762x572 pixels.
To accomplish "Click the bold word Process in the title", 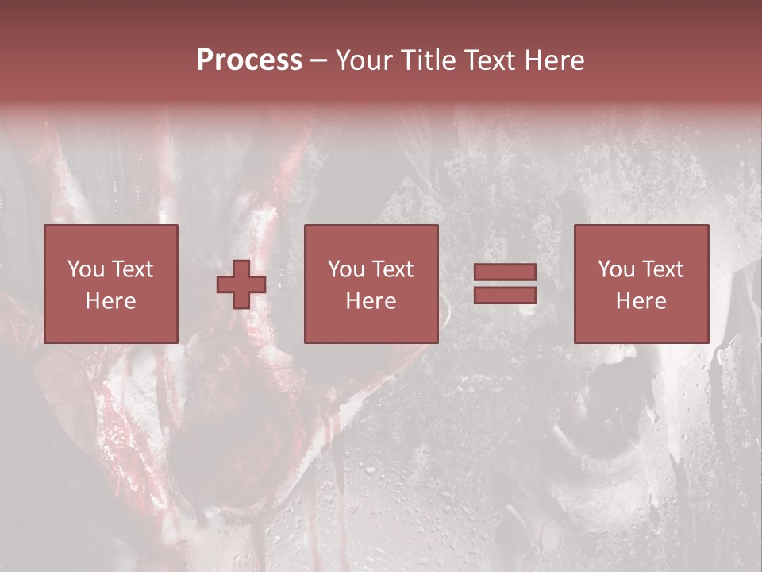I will (249, 60).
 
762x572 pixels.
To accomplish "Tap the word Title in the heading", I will (429, 60).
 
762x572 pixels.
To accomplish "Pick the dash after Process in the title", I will (318, 61).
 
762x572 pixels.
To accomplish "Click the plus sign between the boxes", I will (241, 284).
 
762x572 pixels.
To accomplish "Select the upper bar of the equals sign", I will (505, 272).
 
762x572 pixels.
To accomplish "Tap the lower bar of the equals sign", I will (505, 295).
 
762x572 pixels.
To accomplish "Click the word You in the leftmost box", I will (87, 269).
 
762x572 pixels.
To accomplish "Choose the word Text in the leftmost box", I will (132, 269).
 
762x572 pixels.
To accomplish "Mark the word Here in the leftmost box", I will (110, 301).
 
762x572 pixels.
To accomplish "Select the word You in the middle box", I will (347, 269).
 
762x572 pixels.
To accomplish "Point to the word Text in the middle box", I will (392, 269).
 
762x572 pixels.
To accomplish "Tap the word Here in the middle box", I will (371, 301).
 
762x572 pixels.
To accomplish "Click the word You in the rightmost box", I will (617, 269).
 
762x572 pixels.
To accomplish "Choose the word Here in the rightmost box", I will (641, 301).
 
